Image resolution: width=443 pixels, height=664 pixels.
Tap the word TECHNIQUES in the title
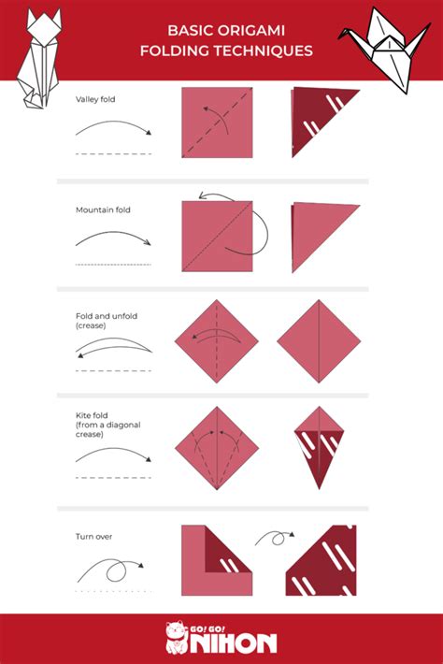(x=272, y=51)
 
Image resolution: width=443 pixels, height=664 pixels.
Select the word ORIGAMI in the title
(x=268, y=30)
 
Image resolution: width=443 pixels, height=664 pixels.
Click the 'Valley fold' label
(x=97, y=97)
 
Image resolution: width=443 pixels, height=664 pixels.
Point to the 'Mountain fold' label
(x=103, y=209)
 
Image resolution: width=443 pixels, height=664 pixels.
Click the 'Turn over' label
(x=94, y=537)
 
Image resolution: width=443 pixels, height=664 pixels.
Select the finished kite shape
(x=319, y=445)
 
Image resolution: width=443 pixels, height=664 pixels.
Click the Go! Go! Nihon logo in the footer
(x=221, y=640)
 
